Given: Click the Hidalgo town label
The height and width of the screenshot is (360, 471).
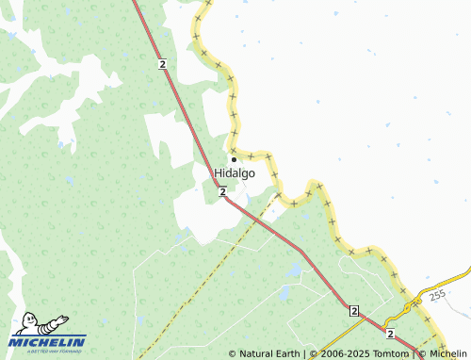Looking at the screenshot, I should click(x=235, y=173).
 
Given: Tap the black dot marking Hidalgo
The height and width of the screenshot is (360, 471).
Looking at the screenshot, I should click(x=235, y=158).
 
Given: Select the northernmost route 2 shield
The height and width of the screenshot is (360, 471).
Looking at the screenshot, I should click(x=162, y=63).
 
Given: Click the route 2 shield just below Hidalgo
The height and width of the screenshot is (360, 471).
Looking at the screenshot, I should click(x=222, y=191).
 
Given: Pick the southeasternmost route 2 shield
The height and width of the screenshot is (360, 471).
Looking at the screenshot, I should click(x=389, y=333).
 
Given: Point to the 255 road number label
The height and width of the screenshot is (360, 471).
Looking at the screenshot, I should click(x=436, y=296).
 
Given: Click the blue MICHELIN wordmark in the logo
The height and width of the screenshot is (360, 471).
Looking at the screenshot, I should click(x=49, y=342).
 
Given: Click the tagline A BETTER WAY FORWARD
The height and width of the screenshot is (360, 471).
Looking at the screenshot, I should click(x=47, y=352).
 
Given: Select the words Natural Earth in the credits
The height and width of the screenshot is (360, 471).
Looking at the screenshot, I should click(x=268, y=354).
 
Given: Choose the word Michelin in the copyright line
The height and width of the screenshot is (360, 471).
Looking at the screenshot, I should click(x=447, y=354).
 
